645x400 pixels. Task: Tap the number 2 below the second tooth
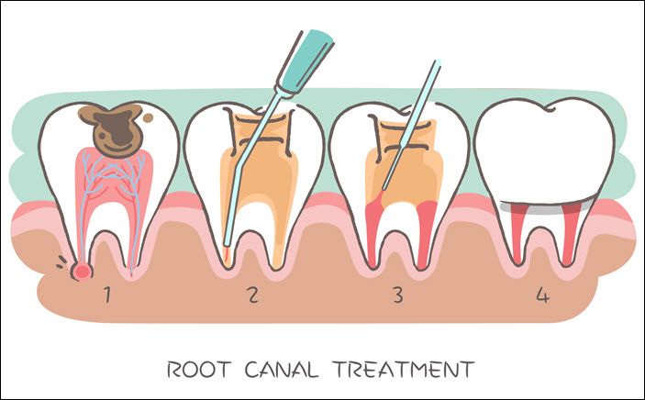pyautogui.click(x=251, y=296)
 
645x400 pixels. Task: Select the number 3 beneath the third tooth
pyautogui.click(x=396, y=296)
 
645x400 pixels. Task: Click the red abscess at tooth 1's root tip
pyautogui.click(x=83, y=270)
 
